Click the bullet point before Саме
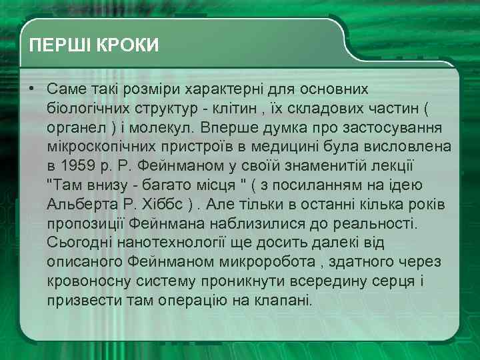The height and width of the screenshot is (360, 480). pos(31,89)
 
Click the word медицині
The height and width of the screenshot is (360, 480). pos(303,146)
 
